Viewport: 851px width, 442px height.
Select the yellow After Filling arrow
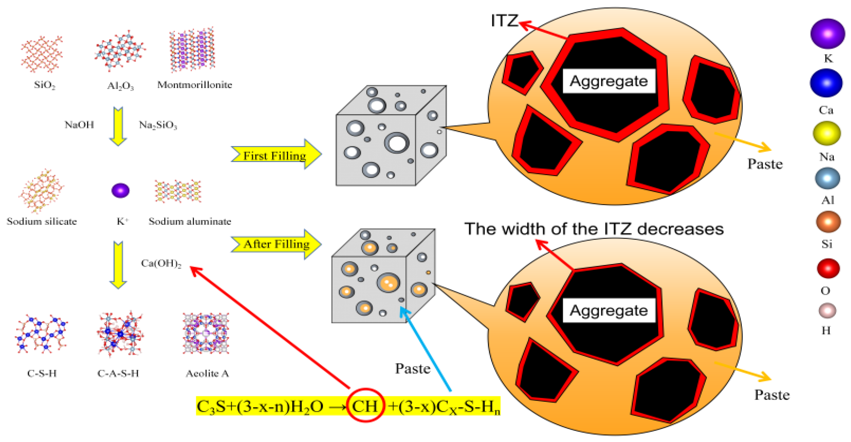coord(276,244)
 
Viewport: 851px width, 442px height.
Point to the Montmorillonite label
coord(194,85)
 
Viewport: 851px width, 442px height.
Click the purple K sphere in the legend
coord(827,34)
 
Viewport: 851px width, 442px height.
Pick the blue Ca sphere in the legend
coord(826,83)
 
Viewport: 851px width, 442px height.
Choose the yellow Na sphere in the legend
coord(827,133)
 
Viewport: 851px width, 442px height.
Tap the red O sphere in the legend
coord(828,268)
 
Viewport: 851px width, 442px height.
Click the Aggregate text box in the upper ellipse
coord(609,81)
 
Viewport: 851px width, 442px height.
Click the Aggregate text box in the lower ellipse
coord(609,310)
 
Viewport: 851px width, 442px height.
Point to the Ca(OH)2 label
coord(161,263)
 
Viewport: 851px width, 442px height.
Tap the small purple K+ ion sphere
coord(120,190)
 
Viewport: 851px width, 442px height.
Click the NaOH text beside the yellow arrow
coord(79,125)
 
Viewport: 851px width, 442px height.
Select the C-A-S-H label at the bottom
coord(118,373)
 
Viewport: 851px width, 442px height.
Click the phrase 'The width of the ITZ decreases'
coord(594,229)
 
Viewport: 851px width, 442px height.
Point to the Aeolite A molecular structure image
coord(206,333)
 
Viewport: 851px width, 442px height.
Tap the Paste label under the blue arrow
coord(412,369)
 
